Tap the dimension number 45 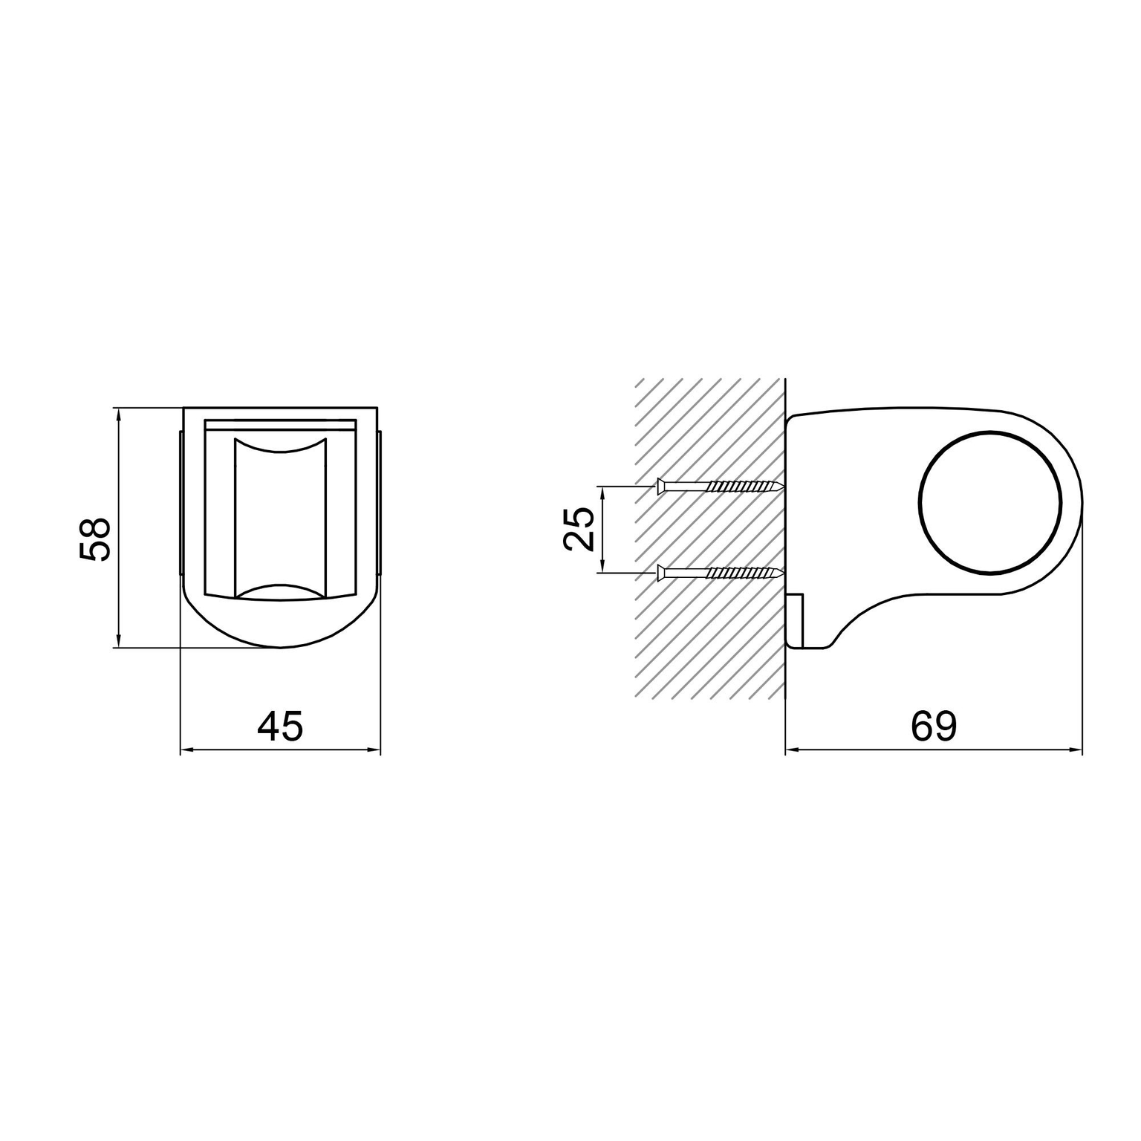pyautogui.click(x=281, y=726)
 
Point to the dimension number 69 pyautogui.click(x=934, y=726)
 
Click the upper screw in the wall pyautogui.click(x=721, y=487)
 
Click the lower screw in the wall pyautogui.click(x=721, y=572)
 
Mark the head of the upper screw pyautogui.click(x=661, y=487)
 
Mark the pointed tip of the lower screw pyautogui.click(x=783, y=572)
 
